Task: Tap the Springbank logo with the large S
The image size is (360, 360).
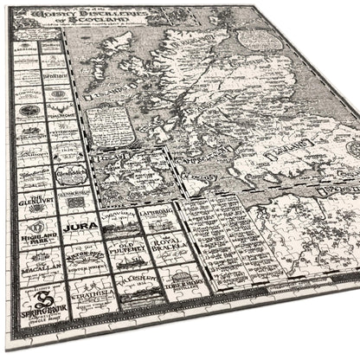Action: tap(28, 310)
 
